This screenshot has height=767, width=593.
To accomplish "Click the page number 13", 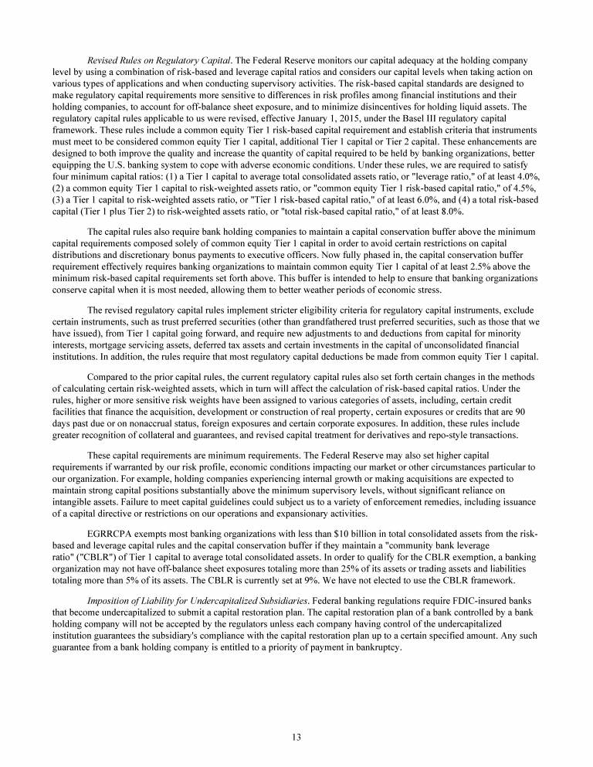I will [x=296, y=736].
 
